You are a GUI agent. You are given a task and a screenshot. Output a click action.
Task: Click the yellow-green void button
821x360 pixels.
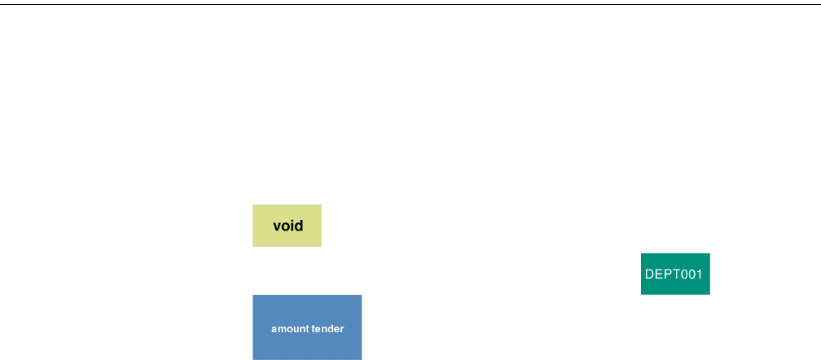point(287,226)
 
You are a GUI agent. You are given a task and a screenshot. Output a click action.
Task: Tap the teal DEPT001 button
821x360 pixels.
point(675,274)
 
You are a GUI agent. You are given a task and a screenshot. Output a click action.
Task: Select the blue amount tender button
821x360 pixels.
point(307,327)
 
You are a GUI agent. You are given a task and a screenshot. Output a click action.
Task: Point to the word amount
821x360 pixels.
point(289,329)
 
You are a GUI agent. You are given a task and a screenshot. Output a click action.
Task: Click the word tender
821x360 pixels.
point(327,329)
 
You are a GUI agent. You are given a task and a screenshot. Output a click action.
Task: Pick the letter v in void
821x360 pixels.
point(277,226)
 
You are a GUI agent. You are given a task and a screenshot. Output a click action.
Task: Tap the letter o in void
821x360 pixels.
point(285,226)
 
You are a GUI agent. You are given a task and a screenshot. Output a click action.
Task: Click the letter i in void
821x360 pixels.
point(292,226)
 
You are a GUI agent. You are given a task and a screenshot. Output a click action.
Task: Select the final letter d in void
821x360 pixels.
point(298,226)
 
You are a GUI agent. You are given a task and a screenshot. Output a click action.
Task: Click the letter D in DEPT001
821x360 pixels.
point(649,274)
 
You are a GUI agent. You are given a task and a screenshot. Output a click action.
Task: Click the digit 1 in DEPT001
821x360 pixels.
point(699,274)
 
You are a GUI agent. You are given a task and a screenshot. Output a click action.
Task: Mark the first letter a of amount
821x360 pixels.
point(274,329)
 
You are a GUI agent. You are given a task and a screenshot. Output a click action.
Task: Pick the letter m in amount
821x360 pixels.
point(280,329)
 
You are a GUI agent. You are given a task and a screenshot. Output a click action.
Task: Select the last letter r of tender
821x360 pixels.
point(342,329)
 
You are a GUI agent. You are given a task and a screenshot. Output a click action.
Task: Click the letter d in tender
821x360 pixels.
point(331,329)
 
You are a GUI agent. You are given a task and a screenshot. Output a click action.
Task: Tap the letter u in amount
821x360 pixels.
point(294,329)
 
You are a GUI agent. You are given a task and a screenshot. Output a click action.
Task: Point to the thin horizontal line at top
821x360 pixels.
point(410,5)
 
